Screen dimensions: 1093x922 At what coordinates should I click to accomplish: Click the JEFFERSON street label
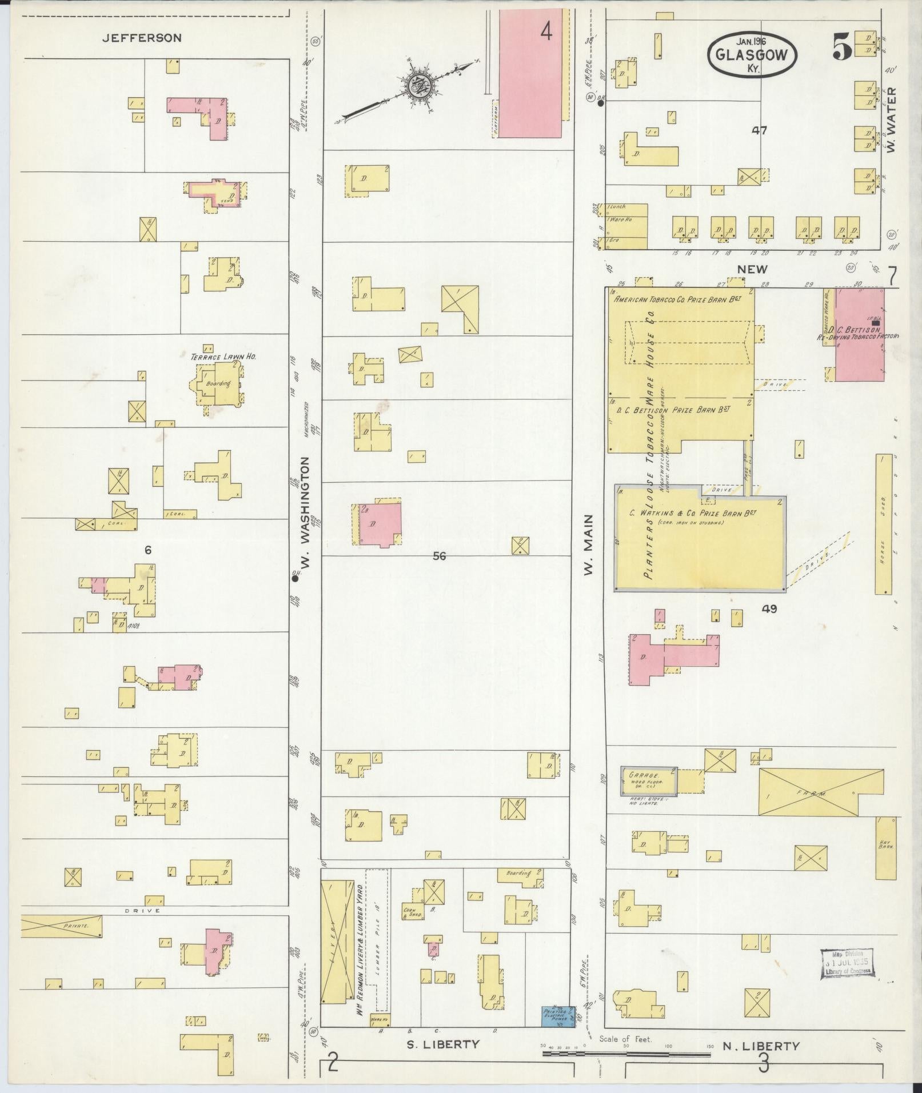pos(142,38)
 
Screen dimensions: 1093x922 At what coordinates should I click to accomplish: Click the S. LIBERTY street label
pos(442,1044)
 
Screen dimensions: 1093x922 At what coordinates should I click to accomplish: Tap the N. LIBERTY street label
pos(760,1046)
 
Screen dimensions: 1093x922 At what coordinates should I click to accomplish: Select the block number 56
pos(439,555)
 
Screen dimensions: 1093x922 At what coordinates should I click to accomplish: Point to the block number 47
pos(759,130)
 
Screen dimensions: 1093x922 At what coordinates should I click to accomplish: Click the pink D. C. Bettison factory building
pos(860,334)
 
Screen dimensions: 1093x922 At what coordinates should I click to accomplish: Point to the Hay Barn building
pos(886,847)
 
